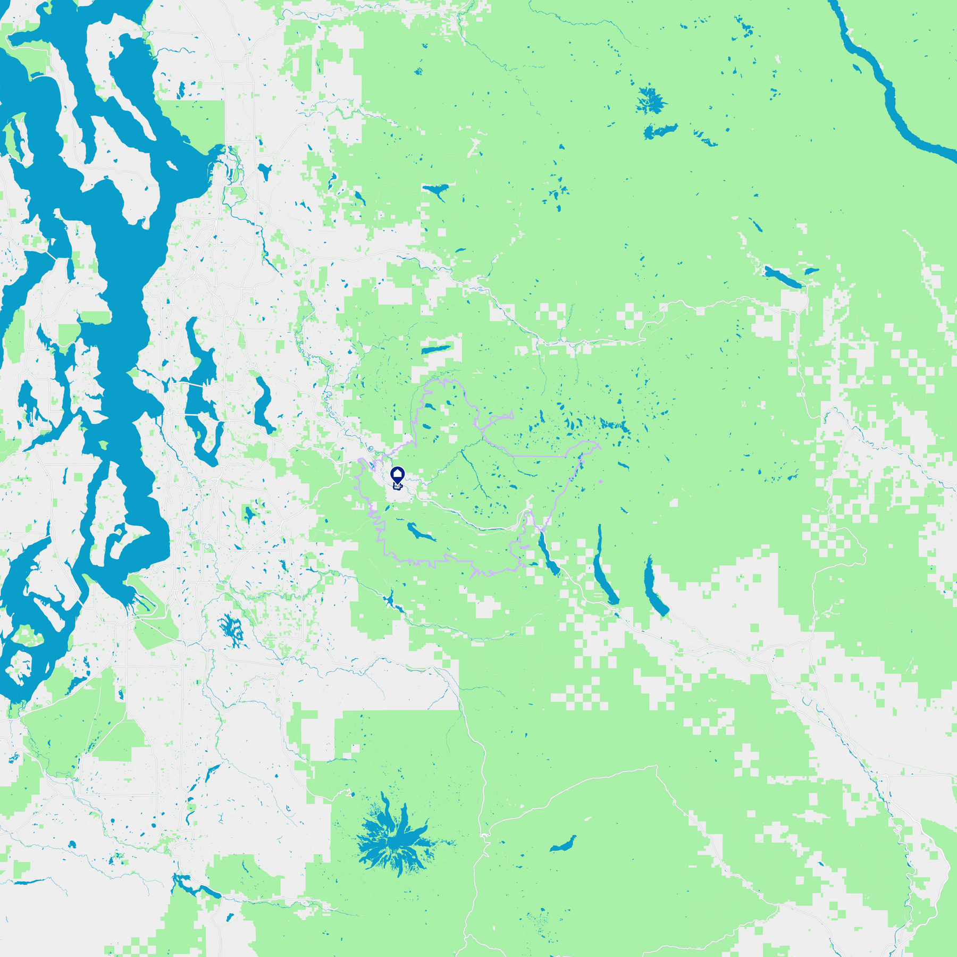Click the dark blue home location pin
pos(397,475)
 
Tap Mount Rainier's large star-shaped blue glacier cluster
pos(394,841)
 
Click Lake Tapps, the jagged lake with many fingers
pos(232,629)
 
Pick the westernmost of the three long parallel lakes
pos(548,553)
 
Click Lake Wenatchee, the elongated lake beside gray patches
pos(782,276)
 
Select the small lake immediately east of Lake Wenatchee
pos(811,271)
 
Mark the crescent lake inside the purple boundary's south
pos(421,532)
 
